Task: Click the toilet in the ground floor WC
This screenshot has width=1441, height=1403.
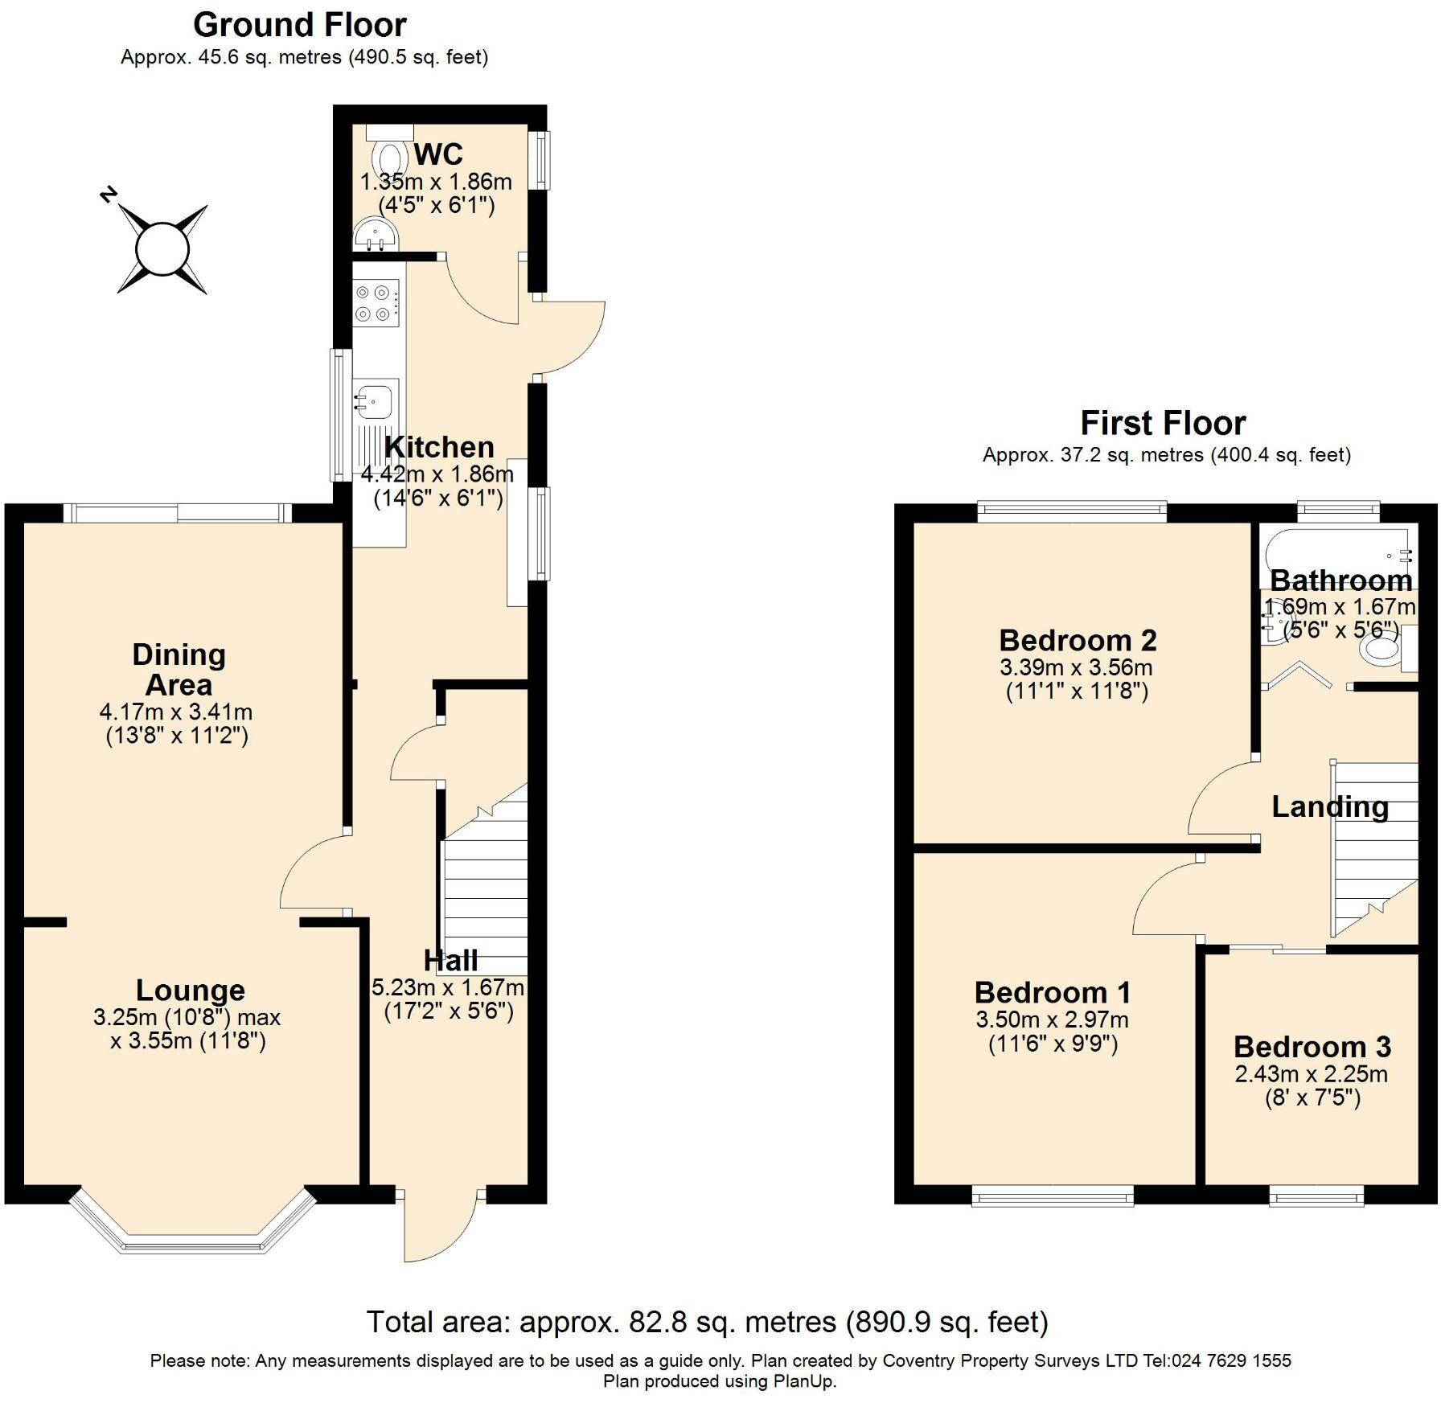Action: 390,156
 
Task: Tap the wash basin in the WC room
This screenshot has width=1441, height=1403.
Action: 374,234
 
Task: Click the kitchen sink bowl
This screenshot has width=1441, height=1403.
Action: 376,398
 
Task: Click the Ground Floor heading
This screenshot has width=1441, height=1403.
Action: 300,25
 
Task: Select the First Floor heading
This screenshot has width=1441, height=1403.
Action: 1162,422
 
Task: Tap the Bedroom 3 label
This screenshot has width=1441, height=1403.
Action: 1312,1047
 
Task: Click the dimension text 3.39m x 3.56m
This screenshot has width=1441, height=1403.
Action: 1076,667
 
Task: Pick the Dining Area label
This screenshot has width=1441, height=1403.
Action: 179,670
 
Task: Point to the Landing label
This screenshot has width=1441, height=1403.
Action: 1329,806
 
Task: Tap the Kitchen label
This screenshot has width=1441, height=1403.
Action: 439,447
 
